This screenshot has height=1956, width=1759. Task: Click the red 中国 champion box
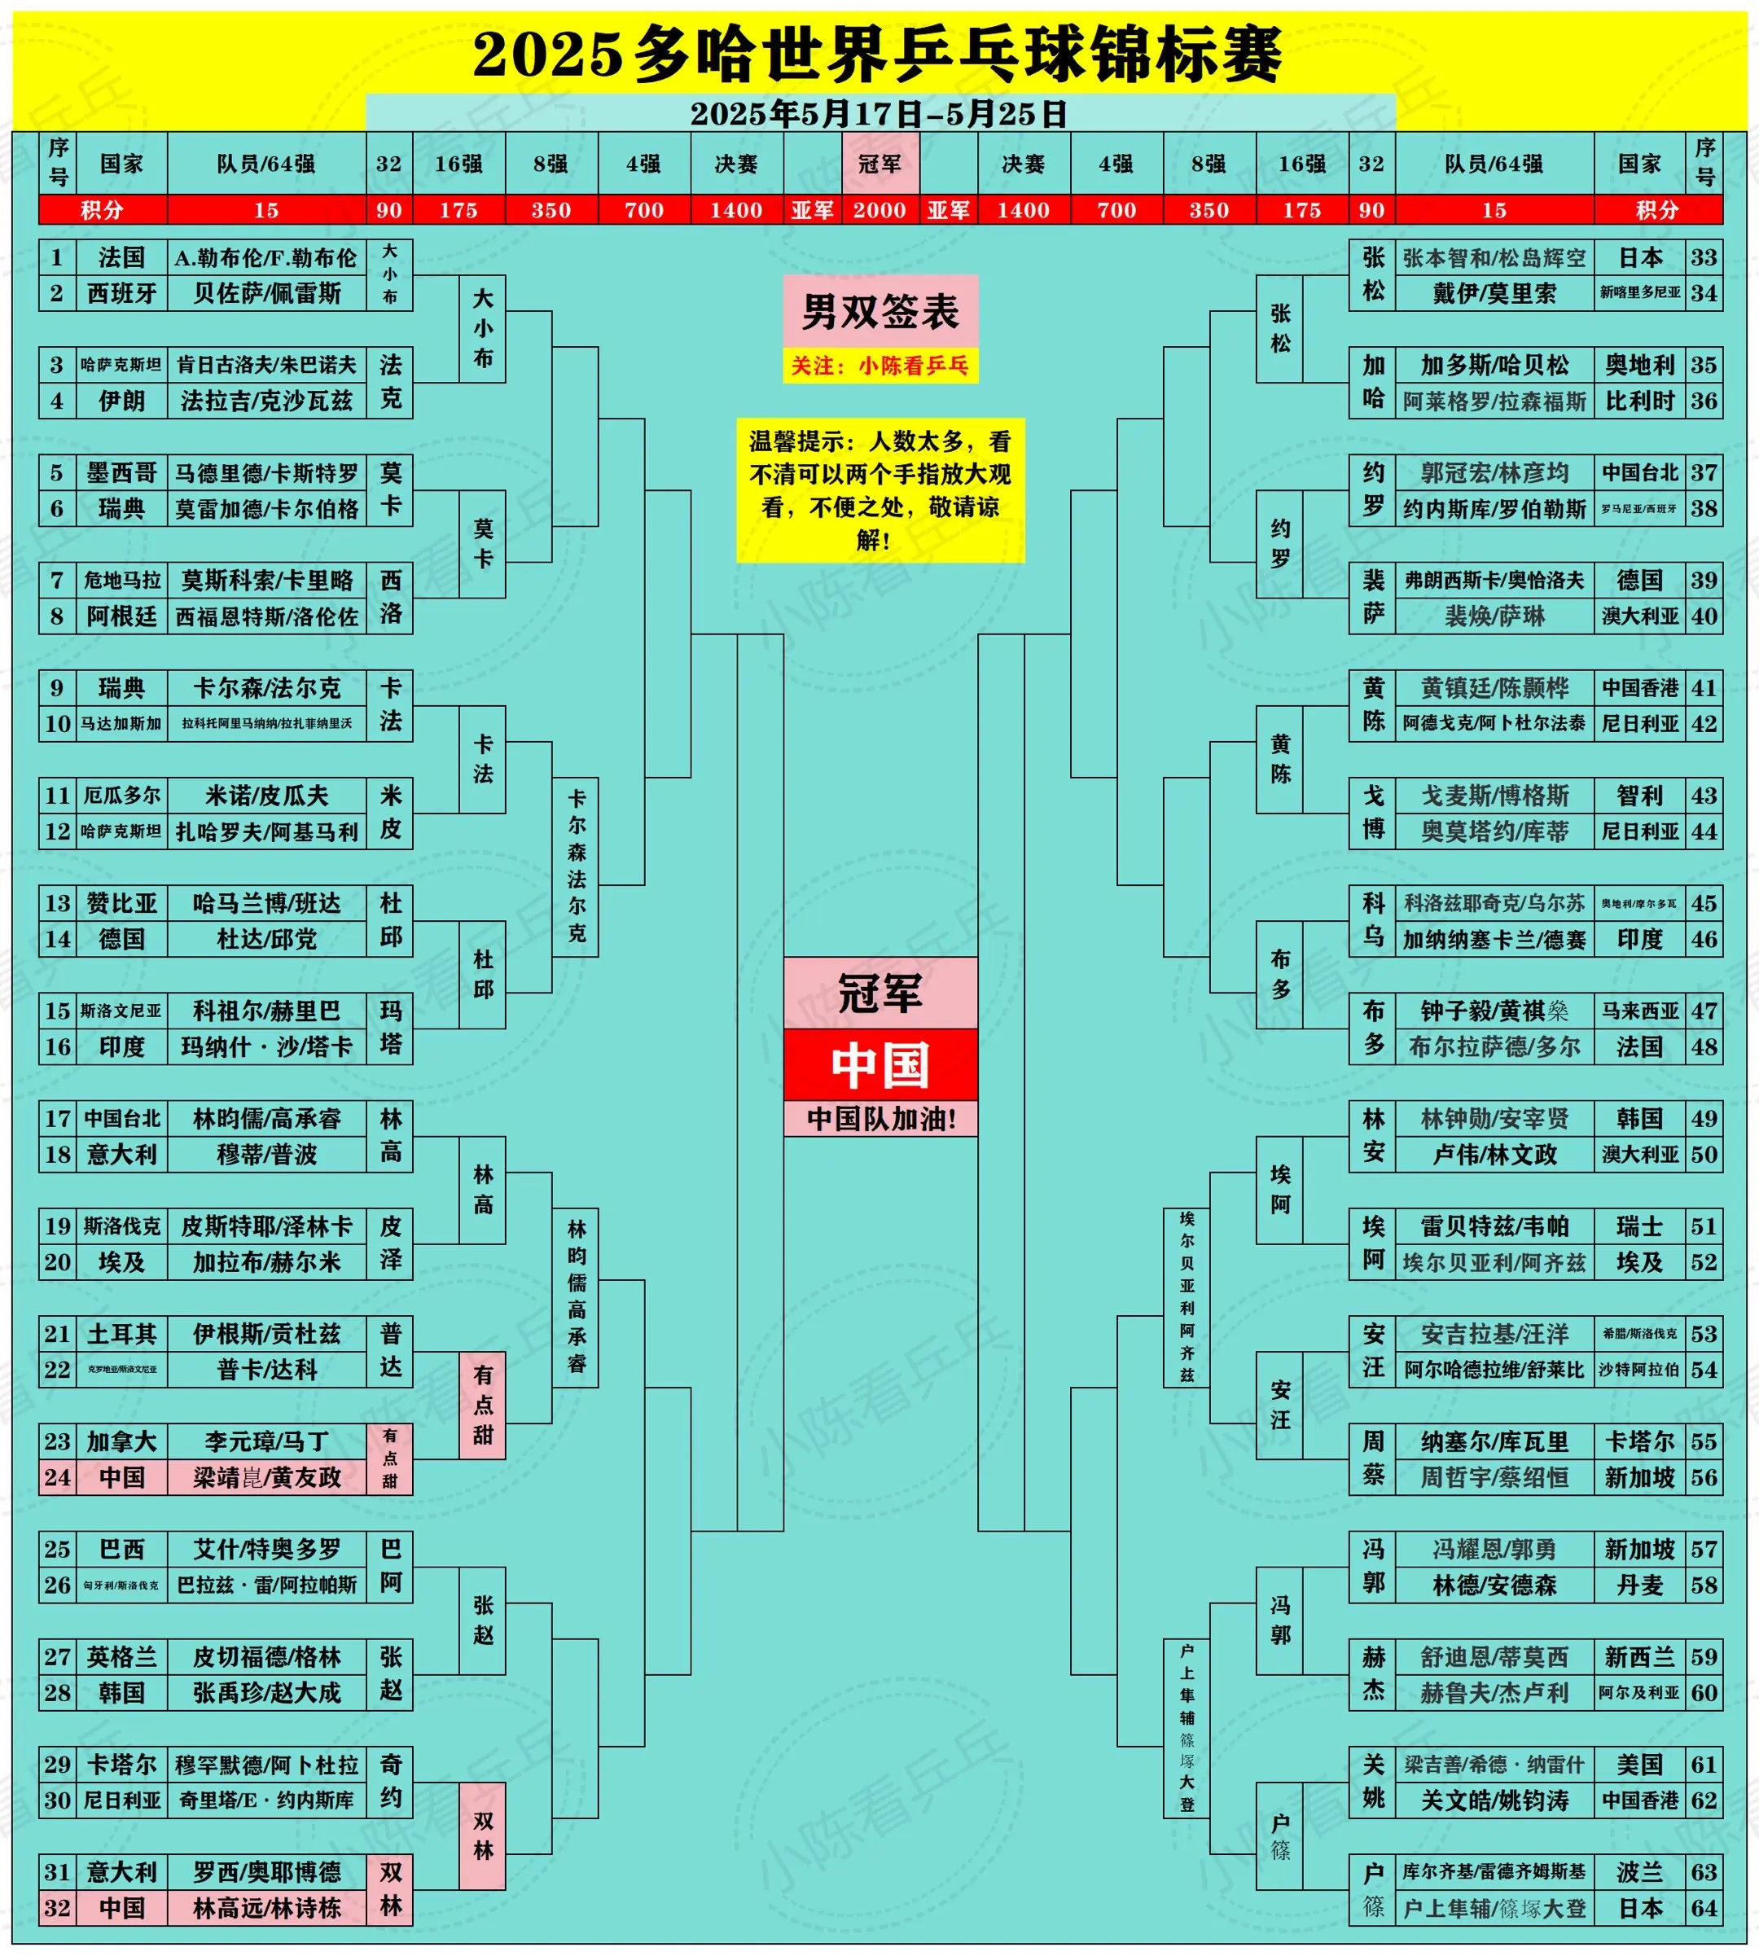879,1064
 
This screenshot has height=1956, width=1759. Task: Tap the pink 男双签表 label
879,311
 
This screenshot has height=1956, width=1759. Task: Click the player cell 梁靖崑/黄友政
267,1476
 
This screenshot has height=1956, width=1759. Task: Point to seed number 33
1704,257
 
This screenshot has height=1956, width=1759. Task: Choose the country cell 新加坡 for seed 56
1639,1476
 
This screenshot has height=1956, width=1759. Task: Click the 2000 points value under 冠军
879,210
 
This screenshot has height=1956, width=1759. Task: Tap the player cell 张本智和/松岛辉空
1494,257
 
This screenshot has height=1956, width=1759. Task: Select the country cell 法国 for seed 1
122,257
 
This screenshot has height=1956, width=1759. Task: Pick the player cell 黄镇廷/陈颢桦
1494,687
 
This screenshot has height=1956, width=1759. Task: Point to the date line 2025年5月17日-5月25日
879,114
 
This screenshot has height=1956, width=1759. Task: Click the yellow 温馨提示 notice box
879,490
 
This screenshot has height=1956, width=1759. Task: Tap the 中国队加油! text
879,1118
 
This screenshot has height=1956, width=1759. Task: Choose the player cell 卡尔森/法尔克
267,687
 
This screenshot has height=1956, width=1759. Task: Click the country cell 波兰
1639,1872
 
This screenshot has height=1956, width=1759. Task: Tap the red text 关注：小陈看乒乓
879,366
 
